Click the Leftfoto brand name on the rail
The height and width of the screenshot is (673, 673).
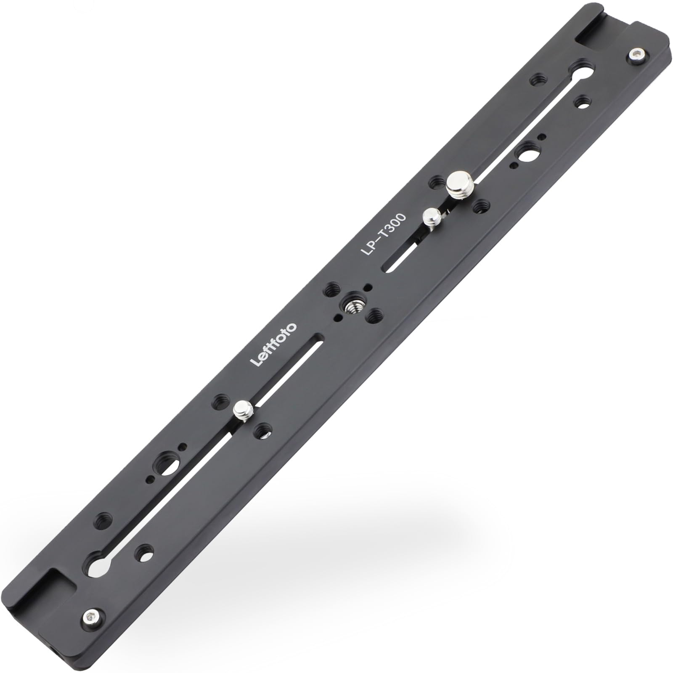(x=274, y=344)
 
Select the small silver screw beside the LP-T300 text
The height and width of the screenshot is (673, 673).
(x=432, y=218)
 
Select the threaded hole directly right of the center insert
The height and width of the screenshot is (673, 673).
(x=375, y=315)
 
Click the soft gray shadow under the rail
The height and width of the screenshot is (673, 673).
(x=421, y=526)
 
